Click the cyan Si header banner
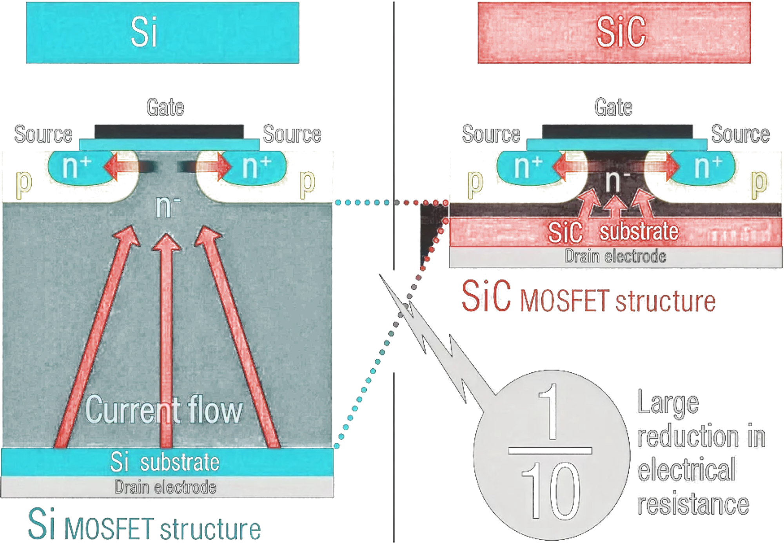pyautogui.click(x=163, y=33)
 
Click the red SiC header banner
pyautogui.click(x=614, y=33)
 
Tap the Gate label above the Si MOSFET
pyautogui.click(x=165, y=107)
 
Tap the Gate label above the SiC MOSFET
pyautogui.click(x=613, y=107)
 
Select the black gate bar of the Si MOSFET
pyautogui.click(x=169, y=132)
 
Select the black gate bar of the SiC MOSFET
pyautogui.click(x=617, y=132)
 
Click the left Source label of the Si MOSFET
pyautogui.click(x=43, y=134)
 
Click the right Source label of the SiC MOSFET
pyautogui.click(x=740, y=134)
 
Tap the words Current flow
pyautogui.click(x=164, y=410)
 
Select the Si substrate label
pyautogui.click(x=165, y=462)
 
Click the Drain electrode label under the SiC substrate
pyautogui.click(x=615, y=257)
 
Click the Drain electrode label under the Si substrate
pyautogui.click(x=165, y=487)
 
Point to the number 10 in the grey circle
pyautogui.click(x=551, y=490)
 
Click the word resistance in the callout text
pyautogui.click(x=693, y=504)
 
